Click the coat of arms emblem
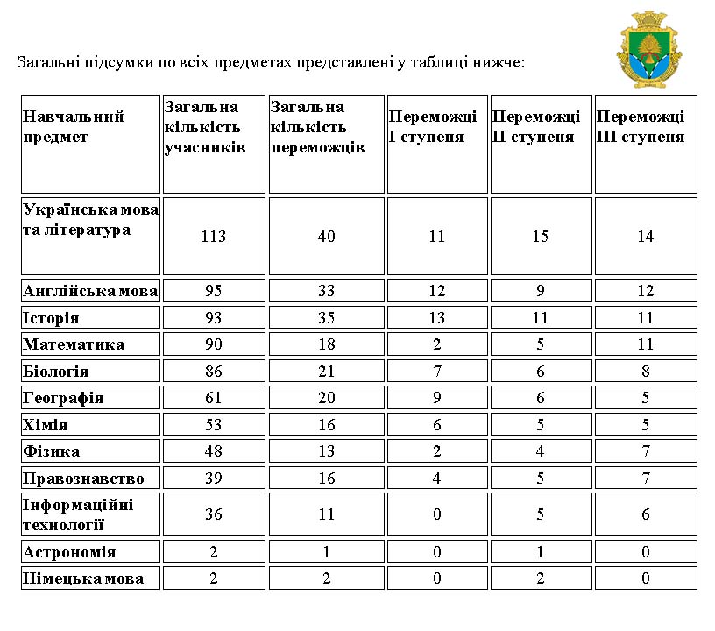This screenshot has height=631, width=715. [x=649, y=51]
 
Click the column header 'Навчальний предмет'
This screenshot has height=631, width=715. [x=74, y=127]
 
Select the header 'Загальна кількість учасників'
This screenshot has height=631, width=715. [x=205, y=127]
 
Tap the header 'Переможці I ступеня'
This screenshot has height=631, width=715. [x=433, y=127]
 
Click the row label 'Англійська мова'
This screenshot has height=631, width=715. [x=90, y=291]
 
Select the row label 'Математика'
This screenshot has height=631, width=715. [x=74, y=344]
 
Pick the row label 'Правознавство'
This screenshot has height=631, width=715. [x=83, y=479]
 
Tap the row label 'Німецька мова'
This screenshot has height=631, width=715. [x=83, y=578]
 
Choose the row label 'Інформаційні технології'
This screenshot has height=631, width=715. [x=79, y=514]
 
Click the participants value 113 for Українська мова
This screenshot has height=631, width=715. [x=213, y=237]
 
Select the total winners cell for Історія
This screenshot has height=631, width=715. [x=326, y=318]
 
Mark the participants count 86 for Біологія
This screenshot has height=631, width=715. [x=213, y=372]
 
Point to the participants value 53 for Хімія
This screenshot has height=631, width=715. [x=213, y=425]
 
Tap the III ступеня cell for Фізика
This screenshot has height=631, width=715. [x=646, y=451]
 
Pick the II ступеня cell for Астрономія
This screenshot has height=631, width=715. [x=541, y=552]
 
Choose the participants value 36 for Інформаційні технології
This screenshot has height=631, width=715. [x=213, y=514]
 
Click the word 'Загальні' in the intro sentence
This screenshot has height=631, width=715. [x=46, y=63]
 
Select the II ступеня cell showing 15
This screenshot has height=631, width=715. [x=541, y=237]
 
